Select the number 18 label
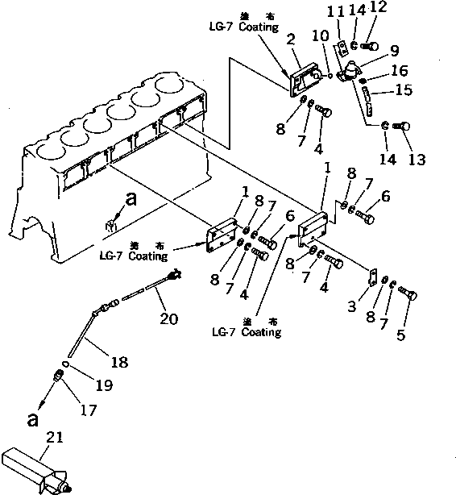[118, 363]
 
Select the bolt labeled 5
[407, 297]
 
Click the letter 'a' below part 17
[32, 419]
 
